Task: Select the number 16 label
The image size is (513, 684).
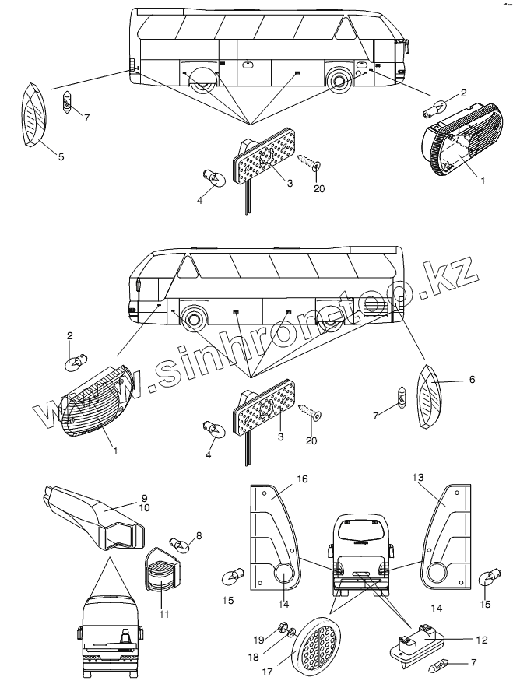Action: click(x=301, y=479)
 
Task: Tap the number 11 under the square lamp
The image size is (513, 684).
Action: click(x=163, y=614)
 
